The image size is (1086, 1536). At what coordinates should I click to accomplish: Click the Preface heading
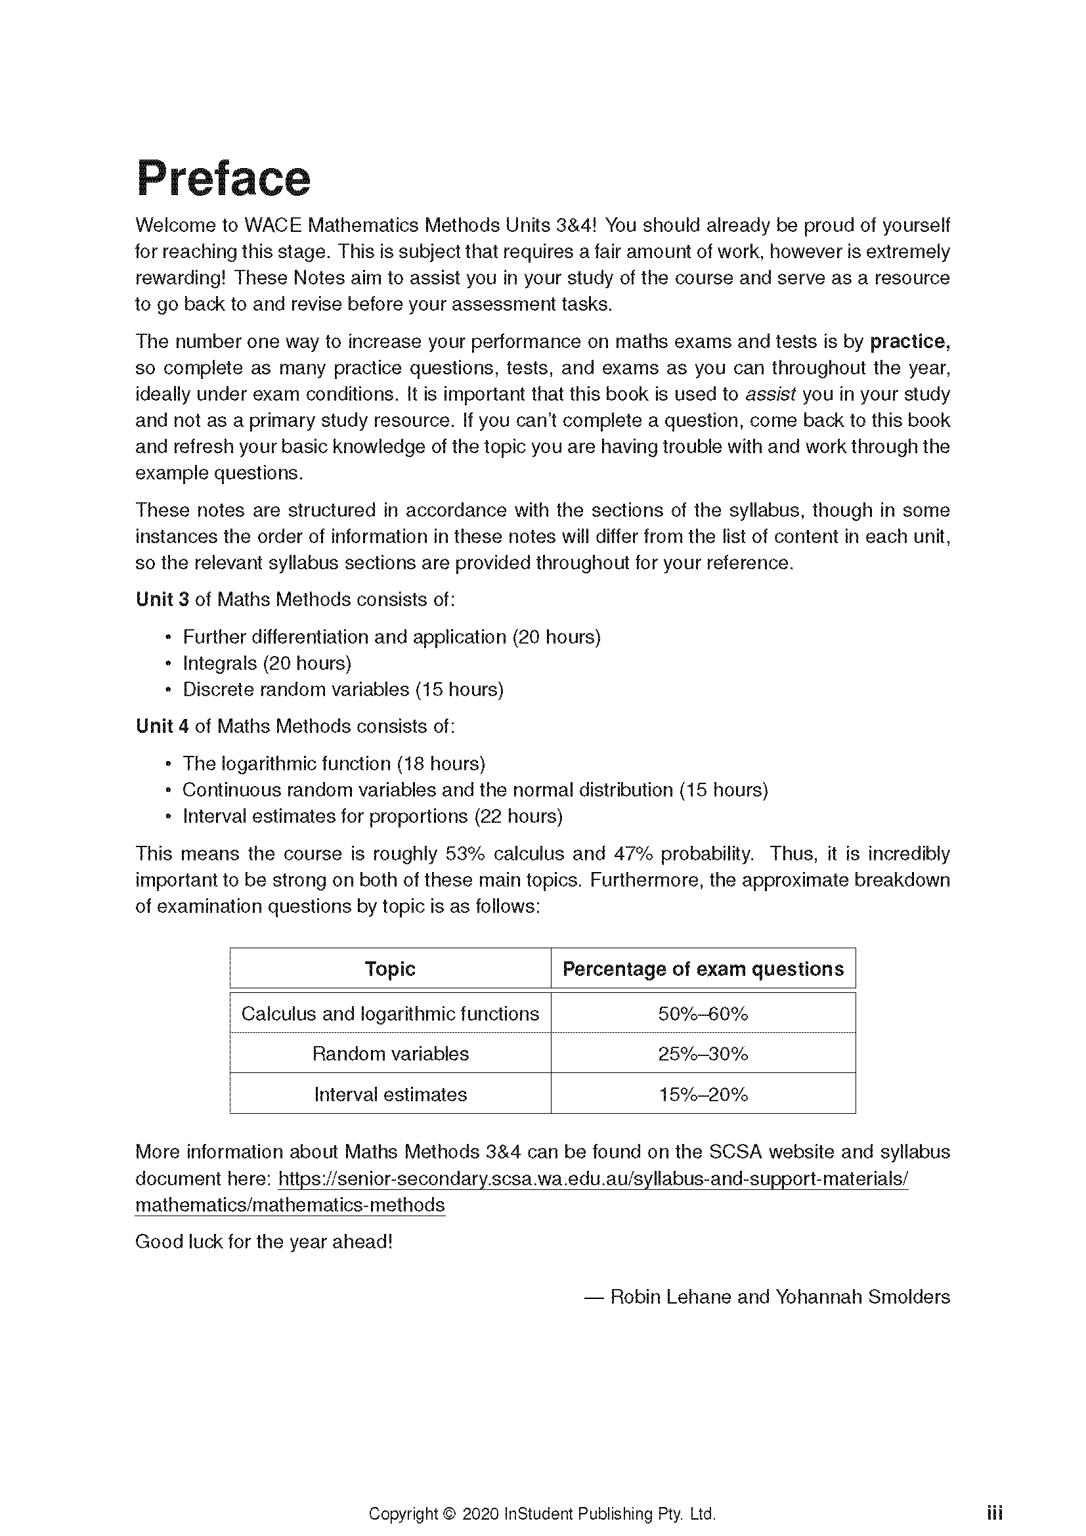click(x=223, y=179)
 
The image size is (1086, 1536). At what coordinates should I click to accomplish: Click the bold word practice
click(x=909, y=342)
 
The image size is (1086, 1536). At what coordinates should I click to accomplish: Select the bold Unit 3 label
click(x=162, y=600)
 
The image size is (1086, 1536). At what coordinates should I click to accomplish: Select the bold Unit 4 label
click(x=162, y=726)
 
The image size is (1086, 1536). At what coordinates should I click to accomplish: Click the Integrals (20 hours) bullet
click(x=267, y=663)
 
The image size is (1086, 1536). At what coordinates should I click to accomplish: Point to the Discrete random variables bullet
click(x=343, y=690)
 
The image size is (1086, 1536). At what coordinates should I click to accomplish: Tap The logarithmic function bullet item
click(x=334, y=764)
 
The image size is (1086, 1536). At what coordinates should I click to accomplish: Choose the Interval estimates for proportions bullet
click(x=372, y=816)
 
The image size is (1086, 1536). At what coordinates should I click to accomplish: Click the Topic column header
click(x=390, y=969)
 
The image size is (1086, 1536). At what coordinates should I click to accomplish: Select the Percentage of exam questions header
click(x=703, y=969)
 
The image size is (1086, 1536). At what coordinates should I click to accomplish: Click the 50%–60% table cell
click(x=703, y=1013)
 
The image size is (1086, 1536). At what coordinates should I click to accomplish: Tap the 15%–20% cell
click(x=703, y=1095)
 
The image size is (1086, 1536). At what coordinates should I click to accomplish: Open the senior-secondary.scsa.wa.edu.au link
click(x=592, y=1179)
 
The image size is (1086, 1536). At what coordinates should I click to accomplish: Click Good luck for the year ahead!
click(x=263, y=1242)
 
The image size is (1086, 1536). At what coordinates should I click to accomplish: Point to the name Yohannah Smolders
click(x=862, y=1296)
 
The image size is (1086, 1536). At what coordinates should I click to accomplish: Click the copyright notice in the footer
click(x=542, y=1495)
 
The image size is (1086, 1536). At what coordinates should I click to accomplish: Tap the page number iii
click(x=994, y=1495)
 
